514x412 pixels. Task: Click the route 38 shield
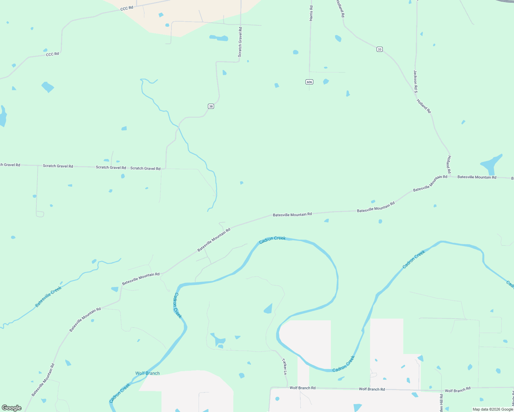tap(211, 106)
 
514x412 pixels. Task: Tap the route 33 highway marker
tap(379, 49)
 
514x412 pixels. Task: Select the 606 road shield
tap(309, 82)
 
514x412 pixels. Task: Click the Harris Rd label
tap(311, 13)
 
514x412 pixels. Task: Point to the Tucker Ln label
tap(284, 366)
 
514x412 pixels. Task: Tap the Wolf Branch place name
tap(147, 373)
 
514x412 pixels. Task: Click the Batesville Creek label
tap(48, 297)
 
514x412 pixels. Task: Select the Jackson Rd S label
tap(415, 81)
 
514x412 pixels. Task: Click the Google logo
tap(12, 408)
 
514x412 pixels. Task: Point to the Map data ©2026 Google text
tap(493, 409)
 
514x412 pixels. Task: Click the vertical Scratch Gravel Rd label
tap(240, 42)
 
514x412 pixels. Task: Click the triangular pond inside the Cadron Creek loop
tap(268, 309)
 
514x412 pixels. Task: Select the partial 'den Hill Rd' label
tap(441, 403)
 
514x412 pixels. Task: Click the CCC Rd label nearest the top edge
tap(126, 8)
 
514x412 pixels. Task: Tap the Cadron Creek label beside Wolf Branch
tap(120, 393)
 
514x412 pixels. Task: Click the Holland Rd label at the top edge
tap(340, 9)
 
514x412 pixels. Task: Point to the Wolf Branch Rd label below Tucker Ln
tap(302, 388)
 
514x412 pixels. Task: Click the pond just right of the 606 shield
tap(326, 81)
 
